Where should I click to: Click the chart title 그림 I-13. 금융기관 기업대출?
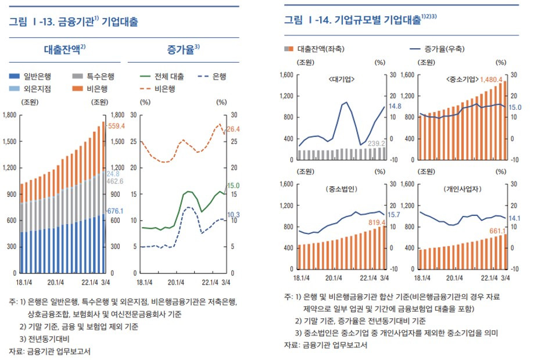click(73, 22)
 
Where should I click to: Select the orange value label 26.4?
click(232, 129)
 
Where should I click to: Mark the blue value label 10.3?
click(233, 215)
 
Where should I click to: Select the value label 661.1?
click(496, 231)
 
